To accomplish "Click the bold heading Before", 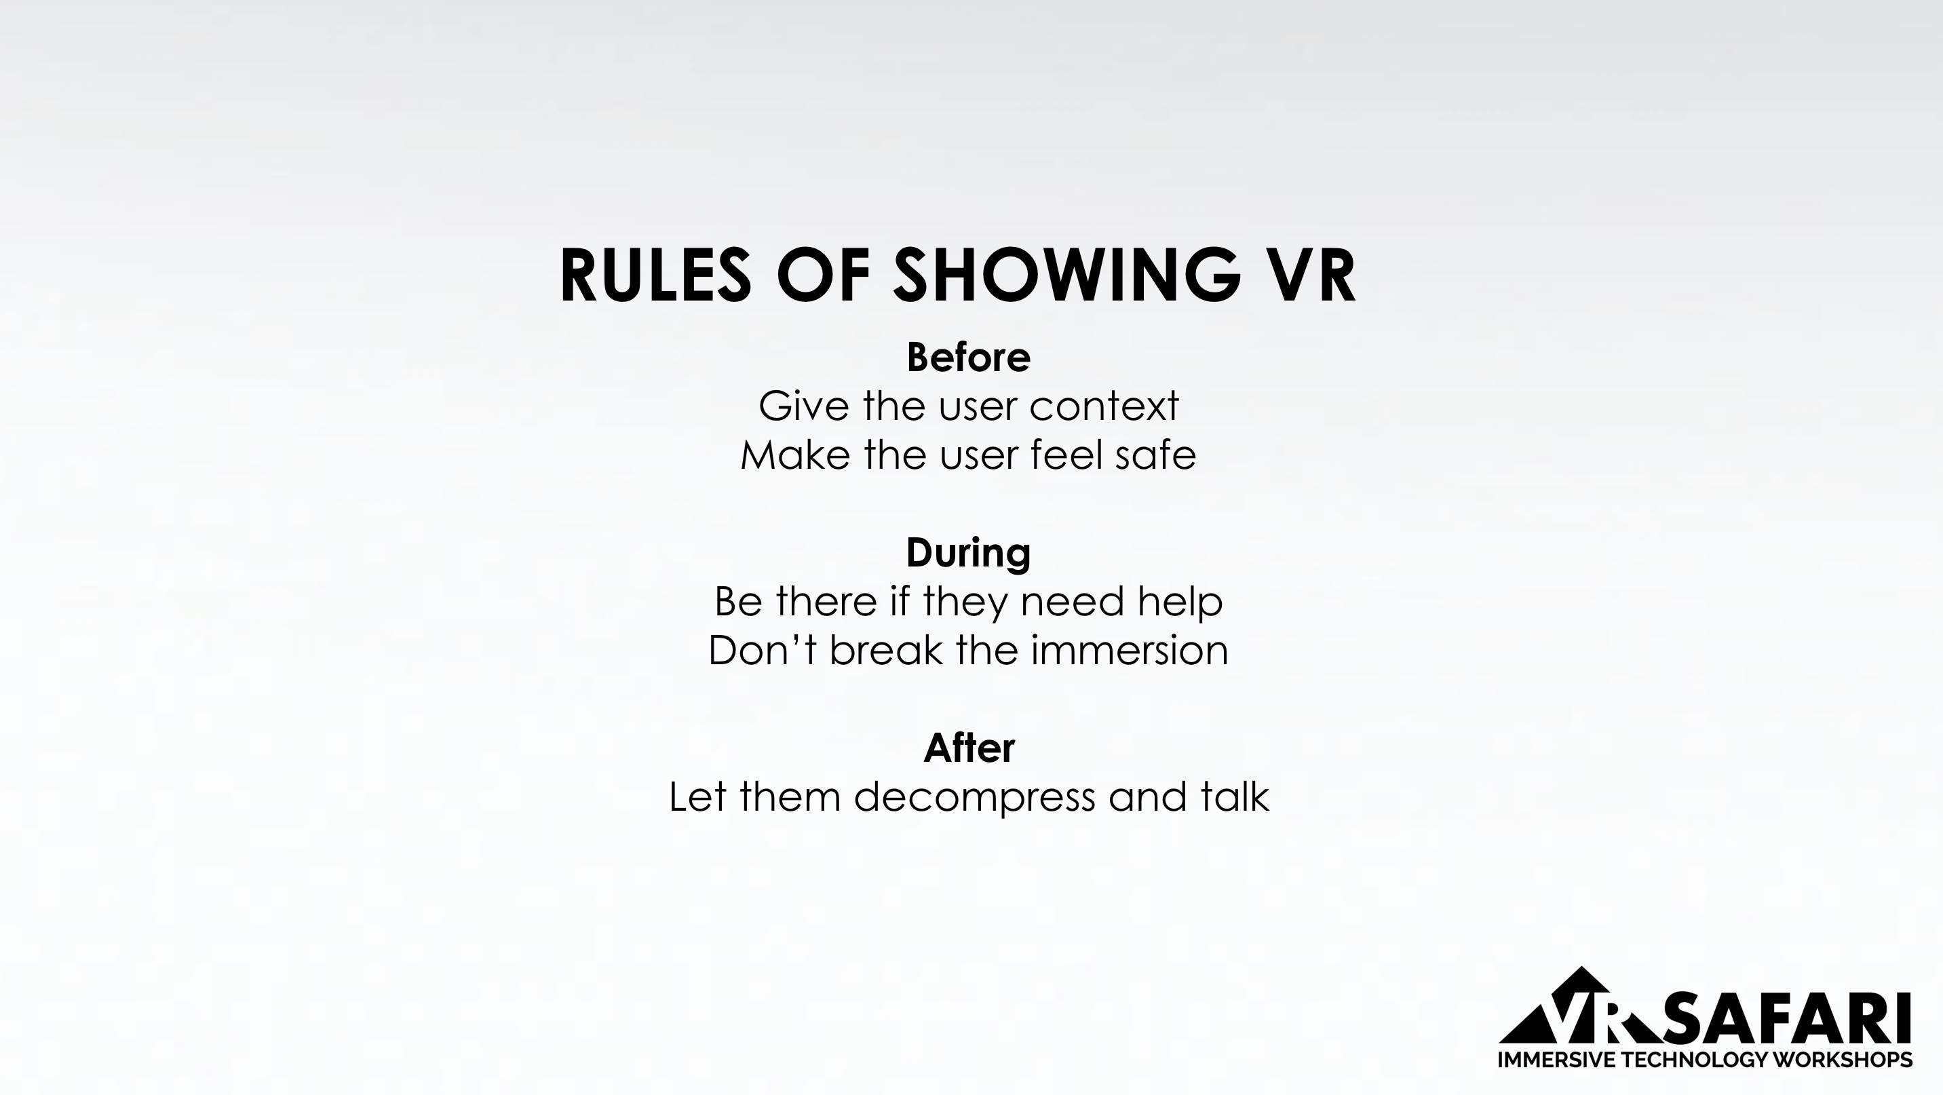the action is coord(969,358).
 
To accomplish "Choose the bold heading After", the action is coord(969,748).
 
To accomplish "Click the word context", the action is coord(1104,407).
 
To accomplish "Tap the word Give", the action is coord(804,406).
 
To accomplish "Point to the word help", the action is coord(1180,602).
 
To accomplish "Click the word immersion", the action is coord(1129,650).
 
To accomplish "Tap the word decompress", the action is coord(974,798).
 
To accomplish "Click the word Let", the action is coord(697,797).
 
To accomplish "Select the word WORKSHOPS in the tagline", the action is coord(1842,1060).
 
